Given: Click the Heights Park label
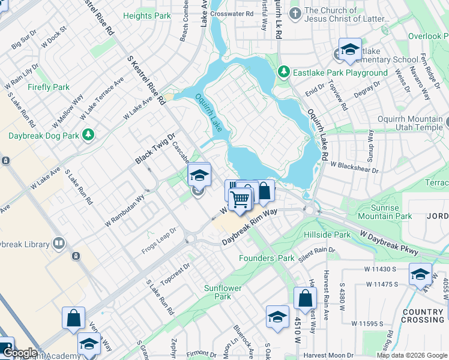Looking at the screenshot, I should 146,16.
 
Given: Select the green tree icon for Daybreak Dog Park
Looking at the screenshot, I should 89,134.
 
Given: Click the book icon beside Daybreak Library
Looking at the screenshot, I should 58,243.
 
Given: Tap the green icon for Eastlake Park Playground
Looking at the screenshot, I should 284,73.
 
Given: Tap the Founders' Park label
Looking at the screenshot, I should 267,258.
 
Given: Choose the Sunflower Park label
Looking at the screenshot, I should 223,292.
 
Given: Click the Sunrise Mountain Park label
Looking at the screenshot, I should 384,212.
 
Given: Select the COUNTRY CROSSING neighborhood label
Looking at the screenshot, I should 423,316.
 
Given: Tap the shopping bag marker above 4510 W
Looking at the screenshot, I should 305,298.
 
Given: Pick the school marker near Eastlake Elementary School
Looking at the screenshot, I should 349,50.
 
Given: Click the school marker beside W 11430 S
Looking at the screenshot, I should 420,274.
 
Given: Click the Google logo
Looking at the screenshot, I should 20,353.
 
